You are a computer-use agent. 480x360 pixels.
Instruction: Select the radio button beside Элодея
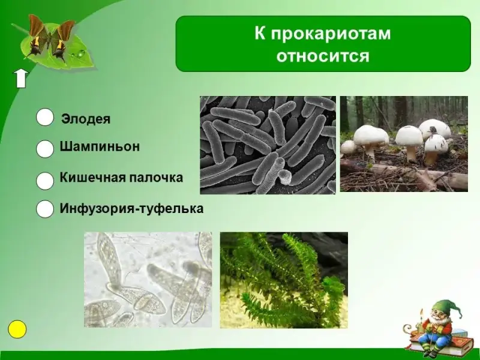[45, 117]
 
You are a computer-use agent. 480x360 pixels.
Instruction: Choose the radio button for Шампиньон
[45, 149]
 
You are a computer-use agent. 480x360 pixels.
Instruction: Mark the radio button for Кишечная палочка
[45, 181]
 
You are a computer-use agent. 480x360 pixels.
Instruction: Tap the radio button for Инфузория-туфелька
[45, 209]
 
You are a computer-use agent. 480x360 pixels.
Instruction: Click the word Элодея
[86, 119]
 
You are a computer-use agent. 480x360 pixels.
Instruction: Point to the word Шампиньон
[100, 146]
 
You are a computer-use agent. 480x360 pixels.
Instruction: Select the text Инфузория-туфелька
[131, 208]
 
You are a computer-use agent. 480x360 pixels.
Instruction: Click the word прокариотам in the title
[331, 34]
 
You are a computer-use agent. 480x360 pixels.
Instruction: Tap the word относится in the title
[323, 56]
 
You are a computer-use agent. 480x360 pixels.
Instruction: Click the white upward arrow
[21, 79]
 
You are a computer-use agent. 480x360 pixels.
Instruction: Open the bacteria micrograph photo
[268, 145]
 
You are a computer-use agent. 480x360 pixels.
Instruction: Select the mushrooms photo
[404, 144]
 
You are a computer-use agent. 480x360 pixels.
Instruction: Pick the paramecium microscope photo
[148, 280]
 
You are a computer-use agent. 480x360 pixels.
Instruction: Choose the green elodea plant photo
[284, 280]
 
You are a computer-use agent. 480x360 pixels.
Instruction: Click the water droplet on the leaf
[81, 54]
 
